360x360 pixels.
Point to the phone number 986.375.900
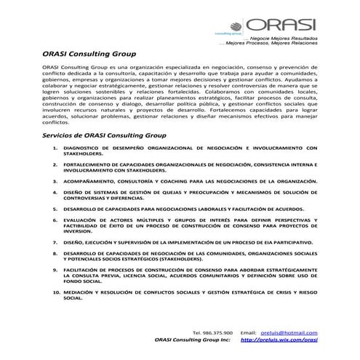(217, 332)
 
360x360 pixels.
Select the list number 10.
(56, 292)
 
